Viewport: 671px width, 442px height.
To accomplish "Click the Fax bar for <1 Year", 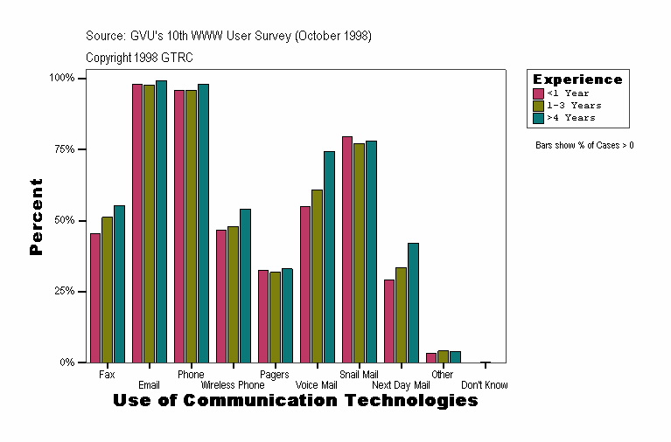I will pos(95,298).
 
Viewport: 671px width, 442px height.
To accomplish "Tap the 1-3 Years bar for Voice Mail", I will pos(317,276).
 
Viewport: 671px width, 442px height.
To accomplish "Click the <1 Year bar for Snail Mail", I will pos(347,249).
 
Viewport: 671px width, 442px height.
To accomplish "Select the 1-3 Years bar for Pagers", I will pos(275,317).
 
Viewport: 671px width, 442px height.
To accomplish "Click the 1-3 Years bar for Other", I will pos(443,356).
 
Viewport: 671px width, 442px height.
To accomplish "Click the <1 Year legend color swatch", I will pos(539,93).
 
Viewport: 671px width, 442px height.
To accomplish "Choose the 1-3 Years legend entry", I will pos(573,106).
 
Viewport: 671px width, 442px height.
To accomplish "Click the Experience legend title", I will pos(577,79).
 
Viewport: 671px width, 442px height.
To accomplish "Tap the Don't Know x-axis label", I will pos(484,385).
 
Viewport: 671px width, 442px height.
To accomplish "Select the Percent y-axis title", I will pos(36,217).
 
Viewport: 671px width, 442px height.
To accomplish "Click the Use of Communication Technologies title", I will pos(296,401).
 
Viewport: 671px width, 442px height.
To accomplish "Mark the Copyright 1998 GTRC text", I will pos(139,58).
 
